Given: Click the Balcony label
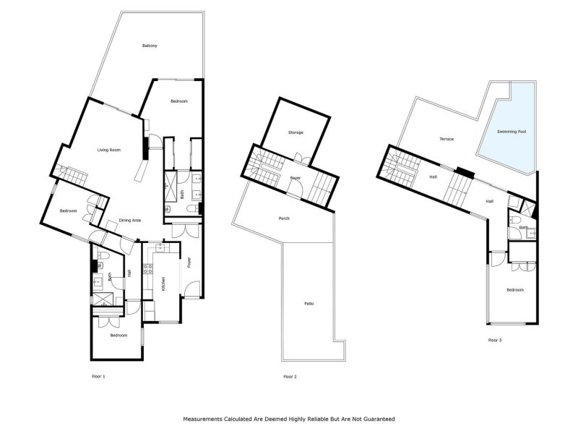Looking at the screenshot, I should [150, 46].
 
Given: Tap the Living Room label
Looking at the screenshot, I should [109, 150].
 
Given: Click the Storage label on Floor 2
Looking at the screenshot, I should [296, 132].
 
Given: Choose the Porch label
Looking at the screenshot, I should [284, 218].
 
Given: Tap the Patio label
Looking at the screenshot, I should [309, 303].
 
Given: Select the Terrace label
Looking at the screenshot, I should [447, 139].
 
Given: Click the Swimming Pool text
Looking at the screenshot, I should [512, 132].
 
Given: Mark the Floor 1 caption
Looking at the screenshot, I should [99, 377].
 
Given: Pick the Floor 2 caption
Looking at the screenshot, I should [290, 377].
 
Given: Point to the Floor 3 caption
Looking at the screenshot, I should [494, 339].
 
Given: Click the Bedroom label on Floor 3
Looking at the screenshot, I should [514, 290].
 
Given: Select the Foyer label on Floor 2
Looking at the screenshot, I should [296, 178].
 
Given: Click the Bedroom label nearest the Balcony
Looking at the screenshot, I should [178, 101].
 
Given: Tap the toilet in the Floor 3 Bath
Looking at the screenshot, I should [512, 220].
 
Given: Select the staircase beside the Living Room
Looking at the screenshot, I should [71, 174].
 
